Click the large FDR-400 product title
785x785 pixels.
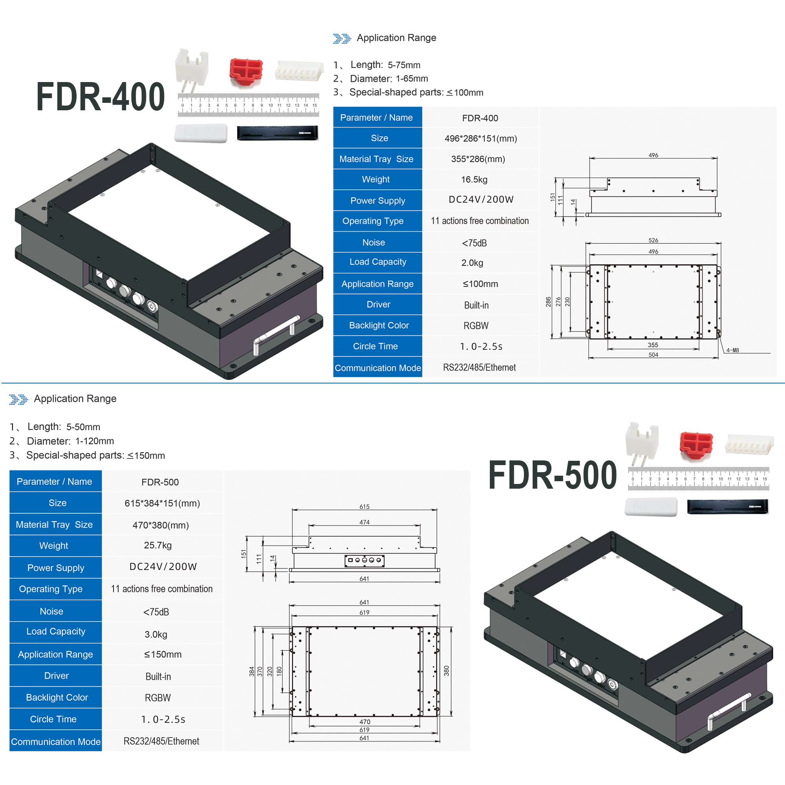point(100,96)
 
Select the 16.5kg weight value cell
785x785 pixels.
point(474,180)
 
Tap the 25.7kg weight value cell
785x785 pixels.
point(158,545)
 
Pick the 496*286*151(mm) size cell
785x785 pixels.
point(481,139)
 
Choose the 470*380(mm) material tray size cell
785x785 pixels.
point(161,525)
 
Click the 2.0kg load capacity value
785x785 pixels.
point(472,263)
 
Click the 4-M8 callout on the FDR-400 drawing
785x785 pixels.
point(732,350)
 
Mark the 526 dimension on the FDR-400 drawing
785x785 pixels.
point(654,240)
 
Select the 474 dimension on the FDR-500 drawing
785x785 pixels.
point(365,522)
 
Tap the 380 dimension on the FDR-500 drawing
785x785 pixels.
point(447,671)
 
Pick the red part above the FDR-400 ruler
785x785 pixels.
point(246,72)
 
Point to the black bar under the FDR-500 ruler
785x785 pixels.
point(728,507)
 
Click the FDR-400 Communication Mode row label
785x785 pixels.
point(378,368)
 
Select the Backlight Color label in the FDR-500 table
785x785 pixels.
point(57,697)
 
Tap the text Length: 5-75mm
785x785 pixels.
point(385,65)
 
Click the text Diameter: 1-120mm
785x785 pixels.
point(70,441)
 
